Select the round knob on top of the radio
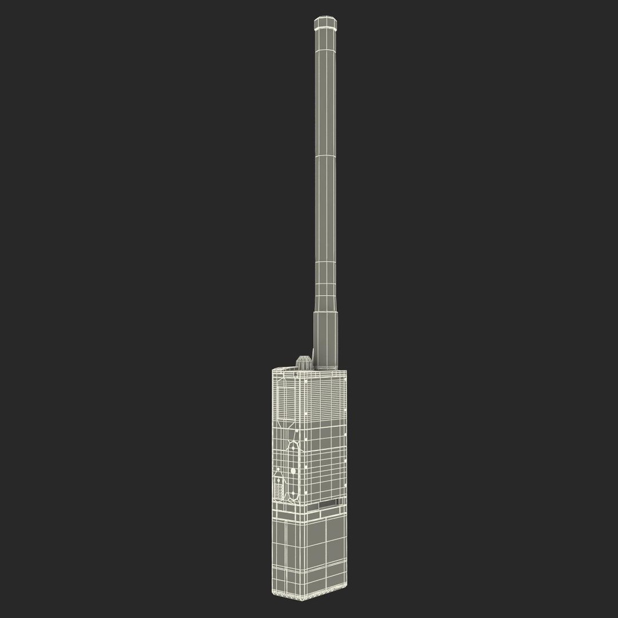303,361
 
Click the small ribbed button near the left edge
279,486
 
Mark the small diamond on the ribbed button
279,481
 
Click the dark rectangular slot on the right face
329,504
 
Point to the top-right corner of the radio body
347,371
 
